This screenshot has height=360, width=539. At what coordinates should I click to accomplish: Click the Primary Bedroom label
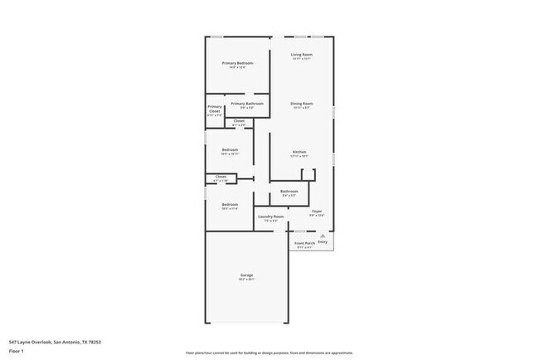click(237, 63)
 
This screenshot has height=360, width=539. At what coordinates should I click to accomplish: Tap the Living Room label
click(301, 55)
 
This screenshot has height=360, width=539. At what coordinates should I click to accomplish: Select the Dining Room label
click(301, 104)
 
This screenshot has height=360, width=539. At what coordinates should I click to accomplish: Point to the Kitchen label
click(299, 152)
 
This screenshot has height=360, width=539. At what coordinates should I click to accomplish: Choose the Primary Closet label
click(215, 108)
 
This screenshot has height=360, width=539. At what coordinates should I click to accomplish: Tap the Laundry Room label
click(270, 216)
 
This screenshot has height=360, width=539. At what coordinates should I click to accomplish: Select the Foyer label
click(317, 212)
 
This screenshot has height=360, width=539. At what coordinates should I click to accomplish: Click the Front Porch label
click(304, 243)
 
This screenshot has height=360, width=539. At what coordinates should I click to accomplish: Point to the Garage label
click(247, 275)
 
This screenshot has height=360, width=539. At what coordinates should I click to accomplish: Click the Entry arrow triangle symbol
click(323, 236)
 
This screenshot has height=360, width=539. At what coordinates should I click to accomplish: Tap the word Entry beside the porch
click(323, 242)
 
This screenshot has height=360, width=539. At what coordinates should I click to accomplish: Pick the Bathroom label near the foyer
click(289, 191)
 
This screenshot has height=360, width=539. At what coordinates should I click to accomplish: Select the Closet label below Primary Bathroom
click(239, 121)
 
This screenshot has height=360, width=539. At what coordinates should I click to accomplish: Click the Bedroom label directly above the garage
click(230, 204)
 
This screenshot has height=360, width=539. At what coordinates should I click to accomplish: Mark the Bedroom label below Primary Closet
click(230, 150)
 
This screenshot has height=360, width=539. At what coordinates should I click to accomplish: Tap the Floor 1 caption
click(17, 352)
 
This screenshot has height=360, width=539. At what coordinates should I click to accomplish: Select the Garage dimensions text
click(247, 280)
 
